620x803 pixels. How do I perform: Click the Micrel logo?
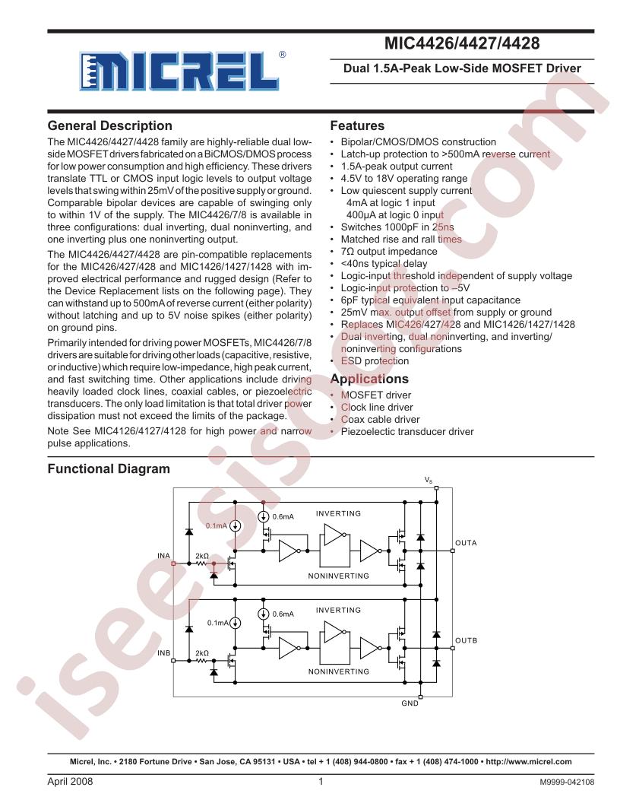click(x=182, y=71)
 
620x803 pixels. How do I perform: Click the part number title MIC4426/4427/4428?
click(x=462, y=43)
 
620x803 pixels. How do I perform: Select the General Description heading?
click(x=110, y=126)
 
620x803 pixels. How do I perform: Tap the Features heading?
click(x=357, y=126)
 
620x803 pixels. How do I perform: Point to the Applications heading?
click(x=369, y=379)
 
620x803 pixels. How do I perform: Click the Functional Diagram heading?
click(x=109, y=469)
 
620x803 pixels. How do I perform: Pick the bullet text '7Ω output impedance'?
click(x=389, y=252)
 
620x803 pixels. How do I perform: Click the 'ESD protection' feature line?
click(x=375, y=361)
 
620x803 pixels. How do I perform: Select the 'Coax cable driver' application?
click(x=380, y=420)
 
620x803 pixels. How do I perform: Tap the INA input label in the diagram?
click(x=163, y=556)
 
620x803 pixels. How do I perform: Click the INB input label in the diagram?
click(x=163, y=653)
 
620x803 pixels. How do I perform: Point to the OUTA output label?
click(x=466, y=543)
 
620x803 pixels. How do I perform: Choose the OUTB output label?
click(x=466, y=641)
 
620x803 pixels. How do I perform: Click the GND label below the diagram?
click(x=410, y=703)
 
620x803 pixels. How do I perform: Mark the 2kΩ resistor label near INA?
click(x=202, y=556)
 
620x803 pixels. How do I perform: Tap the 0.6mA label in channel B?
click(x=283, y=614)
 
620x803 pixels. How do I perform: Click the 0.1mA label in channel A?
click(x=217, y=526)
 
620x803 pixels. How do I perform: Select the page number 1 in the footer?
click(x=321, y=782)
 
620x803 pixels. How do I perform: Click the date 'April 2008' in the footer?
click(x=70, y=782)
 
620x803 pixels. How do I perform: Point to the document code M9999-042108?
click(x=567, y=782)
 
